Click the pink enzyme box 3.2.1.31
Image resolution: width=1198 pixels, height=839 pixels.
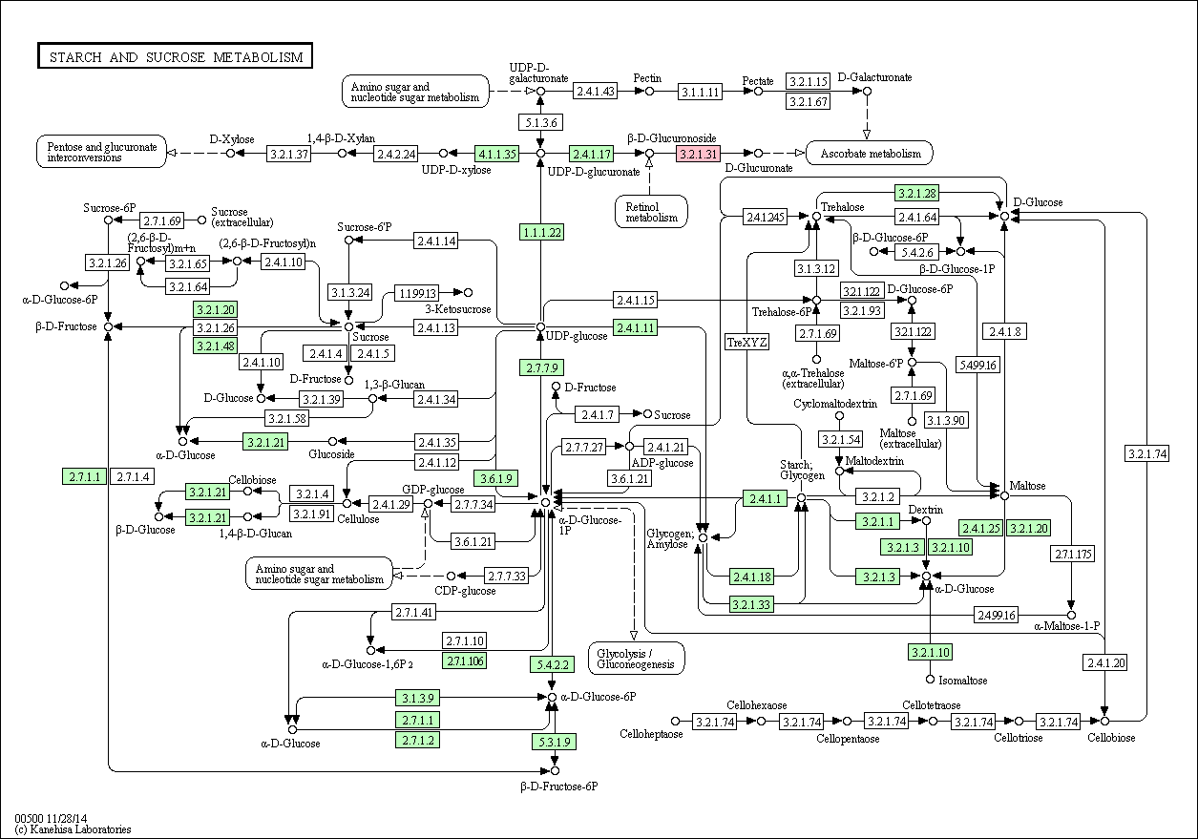(698, 154)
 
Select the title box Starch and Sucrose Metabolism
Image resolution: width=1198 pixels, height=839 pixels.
(175, 55)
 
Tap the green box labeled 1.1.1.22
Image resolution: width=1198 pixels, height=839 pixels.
(541, 233)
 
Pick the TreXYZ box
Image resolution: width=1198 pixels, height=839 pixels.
(747, 343)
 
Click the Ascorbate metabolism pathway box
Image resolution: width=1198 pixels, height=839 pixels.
(870, 154)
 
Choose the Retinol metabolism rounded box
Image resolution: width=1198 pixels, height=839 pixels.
(651, 212)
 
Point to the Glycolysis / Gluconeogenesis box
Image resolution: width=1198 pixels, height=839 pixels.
(636, 659)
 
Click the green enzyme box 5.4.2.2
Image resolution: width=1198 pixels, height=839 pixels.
(553, 664)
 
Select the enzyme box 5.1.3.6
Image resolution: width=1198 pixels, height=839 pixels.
(540, 122)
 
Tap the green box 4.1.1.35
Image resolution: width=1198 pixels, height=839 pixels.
(496, 154)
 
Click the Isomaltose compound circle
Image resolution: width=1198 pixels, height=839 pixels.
(930, 679)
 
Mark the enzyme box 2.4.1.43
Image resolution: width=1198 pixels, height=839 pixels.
(596, 91)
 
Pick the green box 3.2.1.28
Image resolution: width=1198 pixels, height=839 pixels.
(916, 193)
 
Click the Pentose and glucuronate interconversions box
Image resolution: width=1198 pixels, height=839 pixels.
(101, 152)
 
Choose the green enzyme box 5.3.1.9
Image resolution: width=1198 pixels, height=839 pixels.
(554, 742)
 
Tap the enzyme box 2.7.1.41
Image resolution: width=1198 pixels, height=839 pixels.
(414, 612)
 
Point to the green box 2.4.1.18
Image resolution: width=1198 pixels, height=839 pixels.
(752, 577)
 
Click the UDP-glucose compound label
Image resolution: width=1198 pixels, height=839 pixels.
(577, 336)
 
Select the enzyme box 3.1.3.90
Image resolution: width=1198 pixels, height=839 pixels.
(946, 420)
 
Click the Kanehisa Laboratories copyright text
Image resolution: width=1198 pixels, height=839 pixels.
(73, 829)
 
